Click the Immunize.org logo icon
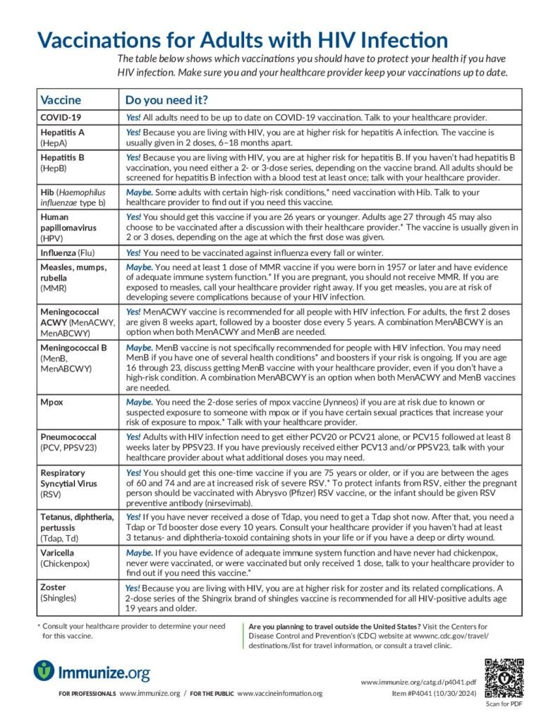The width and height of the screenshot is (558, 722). pyautogui.click(x=44, y=670)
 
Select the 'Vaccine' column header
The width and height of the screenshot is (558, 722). pyautogui.click(x=61, y=99)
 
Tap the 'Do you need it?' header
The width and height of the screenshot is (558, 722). pyautogui.click(x=166, y=99)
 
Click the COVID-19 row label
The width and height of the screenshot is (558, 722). pyautogui.click(x=61, y=117)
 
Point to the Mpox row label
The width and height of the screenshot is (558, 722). pyautogui.click(x=54, y=401)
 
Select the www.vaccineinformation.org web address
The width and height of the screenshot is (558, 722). pyautogui.click(x=279, y=694)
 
